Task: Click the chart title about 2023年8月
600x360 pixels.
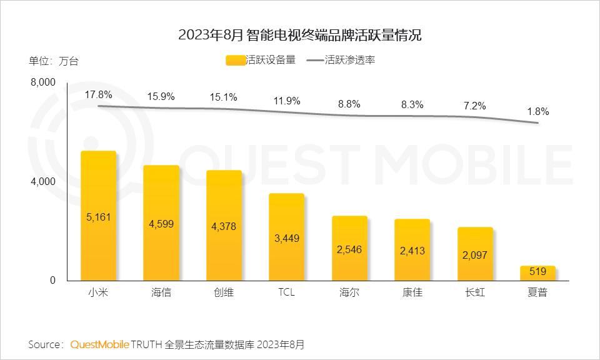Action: [x=300, y=35]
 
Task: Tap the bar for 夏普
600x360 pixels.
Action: [x=537, y=274]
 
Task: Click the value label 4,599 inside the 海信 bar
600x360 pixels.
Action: [x=161, y=223]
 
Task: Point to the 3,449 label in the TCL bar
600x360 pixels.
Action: [x=287, y=238]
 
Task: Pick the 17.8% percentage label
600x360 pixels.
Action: [x=99, y=95]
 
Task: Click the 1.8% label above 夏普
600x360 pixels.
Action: [x=537, y=112]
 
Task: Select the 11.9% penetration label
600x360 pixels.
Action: [x=287, y=101]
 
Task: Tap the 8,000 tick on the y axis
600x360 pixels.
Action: [x=44, y=82]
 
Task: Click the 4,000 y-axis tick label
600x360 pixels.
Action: [x=44, y=182]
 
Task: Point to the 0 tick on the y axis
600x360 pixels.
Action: [x=53, y=281]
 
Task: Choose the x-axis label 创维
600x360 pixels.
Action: [x=224, y=292]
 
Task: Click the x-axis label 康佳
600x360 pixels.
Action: [x=412, y=292]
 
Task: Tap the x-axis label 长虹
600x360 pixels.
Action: [x=475, y=292]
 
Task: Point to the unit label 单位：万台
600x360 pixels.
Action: [x=54, y=61]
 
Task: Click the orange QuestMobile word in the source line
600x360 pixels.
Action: [x=100, y=344]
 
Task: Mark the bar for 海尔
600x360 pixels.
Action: [x=349, y=248]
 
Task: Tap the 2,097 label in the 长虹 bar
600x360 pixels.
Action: [x=475, y=255]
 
